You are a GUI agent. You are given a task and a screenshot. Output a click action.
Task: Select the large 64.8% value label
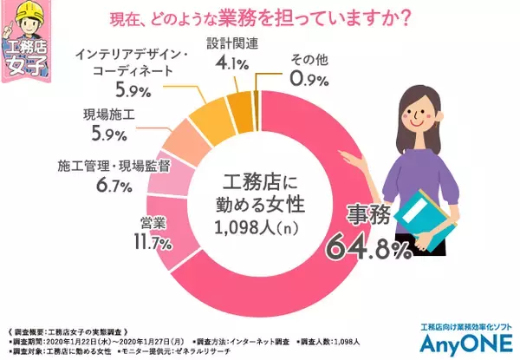point(367,249)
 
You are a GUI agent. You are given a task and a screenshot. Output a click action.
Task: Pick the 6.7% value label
point(112,186)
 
